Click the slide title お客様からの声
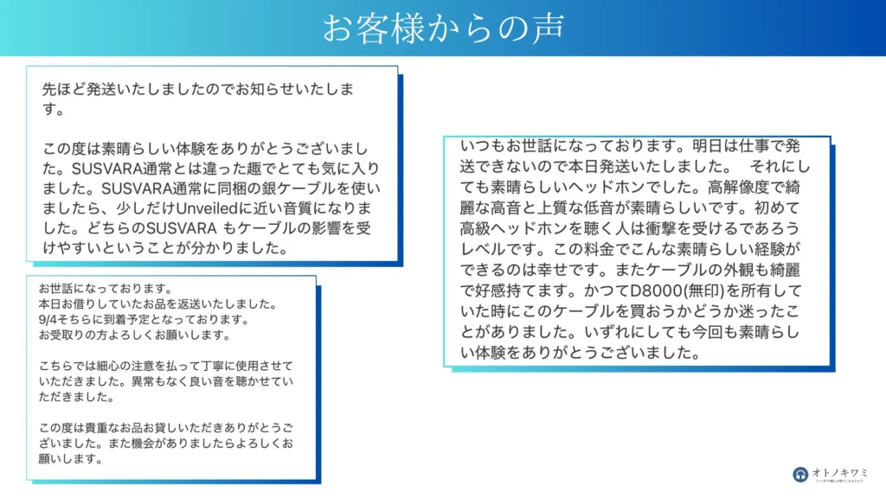(x=443, y=27)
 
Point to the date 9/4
(x=48, y=320)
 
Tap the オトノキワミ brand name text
(x=839, y=472)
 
